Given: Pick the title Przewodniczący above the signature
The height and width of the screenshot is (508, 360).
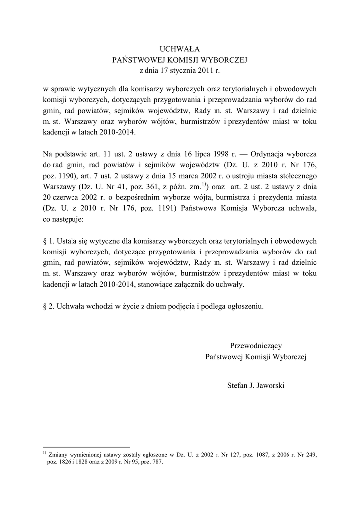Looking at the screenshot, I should [x=256, y=345].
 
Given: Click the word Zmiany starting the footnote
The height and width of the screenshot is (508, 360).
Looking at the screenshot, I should [x=60, y=454].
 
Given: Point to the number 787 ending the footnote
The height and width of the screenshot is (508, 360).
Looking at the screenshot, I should [x=157, y=461].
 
